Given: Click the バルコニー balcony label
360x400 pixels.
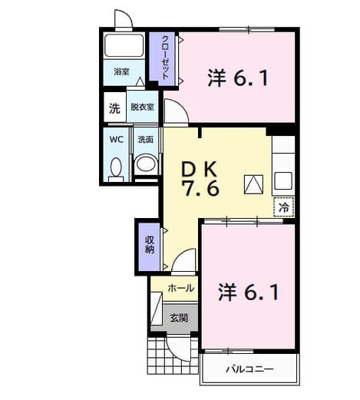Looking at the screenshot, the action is pyautogui.click(x=249, y=369).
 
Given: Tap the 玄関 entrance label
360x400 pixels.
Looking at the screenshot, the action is pyautogui.click(x=179, y=318).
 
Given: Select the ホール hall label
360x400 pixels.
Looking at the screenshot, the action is pyautogui.click(x=180, y=289).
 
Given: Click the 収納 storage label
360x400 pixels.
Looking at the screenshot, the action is pyautogui.click(x=150, y=244).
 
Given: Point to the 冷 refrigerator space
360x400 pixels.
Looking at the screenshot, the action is pyautogui.click(x=283, y=207).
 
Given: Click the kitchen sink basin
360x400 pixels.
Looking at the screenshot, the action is pyautogui.click(x=283, y=180).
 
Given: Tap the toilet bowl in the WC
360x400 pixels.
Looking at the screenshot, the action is pyautogui.click(x=116, y=167).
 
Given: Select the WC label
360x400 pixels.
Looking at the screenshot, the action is pyautogui.click(x=117, y=140).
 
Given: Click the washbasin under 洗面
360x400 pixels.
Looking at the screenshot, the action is pyautogui.click(x=145, y=164).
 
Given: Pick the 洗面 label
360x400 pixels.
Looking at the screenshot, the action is pyautogui.click(x=145, y=140).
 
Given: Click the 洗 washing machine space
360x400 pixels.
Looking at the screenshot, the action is pyautogui.click(x=115, y=107).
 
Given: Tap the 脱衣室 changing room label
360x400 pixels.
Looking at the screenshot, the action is pyautogui.click(x=142, y=107).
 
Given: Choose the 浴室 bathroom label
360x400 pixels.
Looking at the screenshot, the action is pyautogui.click(x=121, y=71).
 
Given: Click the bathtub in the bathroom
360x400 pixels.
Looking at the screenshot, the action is pyautogui.click(x=124, y=45).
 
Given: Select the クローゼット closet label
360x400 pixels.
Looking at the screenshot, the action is pyautogui.click(x=165, y=58).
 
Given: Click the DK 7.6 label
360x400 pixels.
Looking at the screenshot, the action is pyautogui.click(x=200, y=179).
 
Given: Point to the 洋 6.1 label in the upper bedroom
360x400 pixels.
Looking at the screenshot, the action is pyautogui.click(x=238, y=78).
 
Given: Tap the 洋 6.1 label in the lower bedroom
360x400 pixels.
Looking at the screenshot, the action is pyautogui.click(x=248, y=292).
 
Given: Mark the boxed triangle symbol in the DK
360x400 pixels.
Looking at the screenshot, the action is pyautogui.click(x=253, y=184).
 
